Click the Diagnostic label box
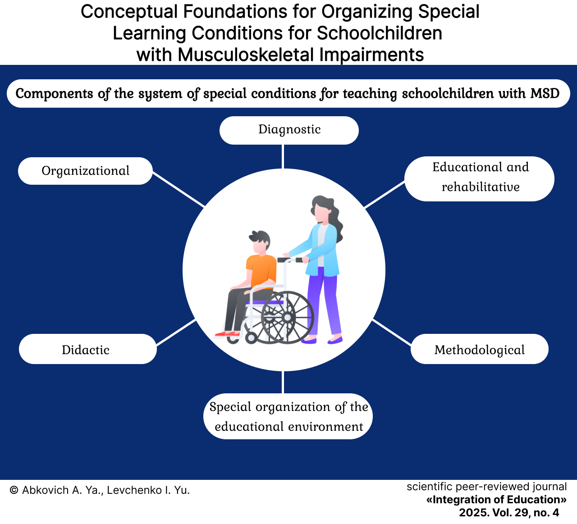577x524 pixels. click(289, 130)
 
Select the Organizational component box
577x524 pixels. click(86, 171)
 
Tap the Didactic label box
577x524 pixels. click(88, 349)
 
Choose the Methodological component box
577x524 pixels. click(480, 349)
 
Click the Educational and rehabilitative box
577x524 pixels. click(479, 178)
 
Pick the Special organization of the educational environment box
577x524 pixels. click(288, 416)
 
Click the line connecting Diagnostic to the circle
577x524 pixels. click(284, 157)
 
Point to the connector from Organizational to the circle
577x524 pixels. click(179, 189)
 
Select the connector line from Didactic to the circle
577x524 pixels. click(176, 333)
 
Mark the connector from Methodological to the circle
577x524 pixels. click(392, 333)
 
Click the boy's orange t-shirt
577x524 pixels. click(261, 270)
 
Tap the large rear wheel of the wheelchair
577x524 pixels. click(287, 318)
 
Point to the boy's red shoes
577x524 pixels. click(227, 333)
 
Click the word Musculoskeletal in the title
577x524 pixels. click(245, 55)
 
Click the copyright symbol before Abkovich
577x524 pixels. click(14, 490)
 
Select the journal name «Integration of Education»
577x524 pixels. click(496, 500)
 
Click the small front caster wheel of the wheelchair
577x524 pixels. click(251, 338)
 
